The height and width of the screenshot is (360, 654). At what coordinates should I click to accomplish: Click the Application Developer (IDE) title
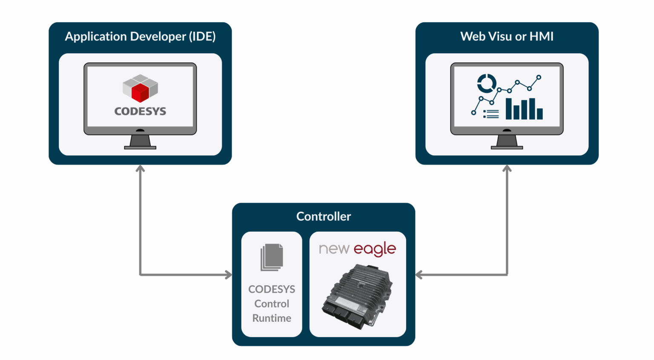point(140,37)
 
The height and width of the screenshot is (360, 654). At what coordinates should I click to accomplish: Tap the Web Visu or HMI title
point(507,37)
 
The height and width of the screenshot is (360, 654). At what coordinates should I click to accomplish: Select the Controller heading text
point(324,216)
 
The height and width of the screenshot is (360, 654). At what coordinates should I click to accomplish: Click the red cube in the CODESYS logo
point(140,92)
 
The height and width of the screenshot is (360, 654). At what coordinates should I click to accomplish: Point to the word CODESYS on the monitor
point(140,112)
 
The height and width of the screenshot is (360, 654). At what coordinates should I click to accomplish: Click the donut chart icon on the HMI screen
point(486,83)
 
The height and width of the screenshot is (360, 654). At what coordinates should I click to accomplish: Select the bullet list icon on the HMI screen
point(491,114)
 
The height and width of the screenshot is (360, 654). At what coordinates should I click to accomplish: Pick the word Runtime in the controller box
point(272,318)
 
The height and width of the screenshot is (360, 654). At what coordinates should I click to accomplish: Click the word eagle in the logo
point(375,249)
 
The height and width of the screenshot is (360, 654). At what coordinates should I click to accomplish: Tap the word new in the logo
point(334,249)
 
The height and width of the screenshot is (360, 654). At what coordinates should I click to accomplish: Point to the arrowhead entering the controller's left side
point(229,275)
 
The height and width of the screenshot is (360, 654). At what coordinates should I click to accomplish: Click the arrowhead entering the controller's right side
point(419,275)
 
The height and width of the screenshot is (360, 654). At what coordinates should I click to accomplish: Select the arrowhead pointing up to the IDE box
point(140,169)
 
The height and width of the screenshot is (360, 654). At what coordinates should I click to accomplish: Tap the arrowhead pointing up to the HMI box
point(507,169)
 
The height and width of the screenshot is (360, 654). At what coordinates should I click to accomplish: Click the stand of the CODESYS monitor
point(140,141)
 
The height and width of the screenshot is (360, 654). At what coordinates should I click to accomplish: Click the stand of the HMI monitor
point(507,141)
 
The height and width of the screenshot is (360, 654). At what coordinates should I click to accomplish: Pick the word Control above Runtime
point(272,304)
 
